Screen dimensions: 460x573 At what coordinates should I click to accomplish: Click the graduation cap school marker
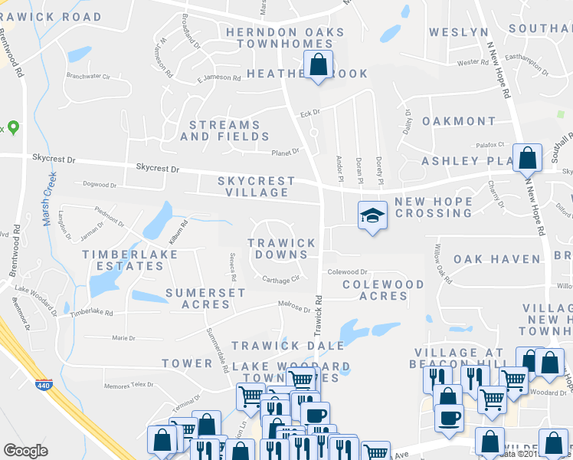(x=372, y=216)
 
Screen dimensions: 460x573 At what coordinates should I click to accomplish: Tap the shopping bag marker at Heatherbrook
(x=319, y=65)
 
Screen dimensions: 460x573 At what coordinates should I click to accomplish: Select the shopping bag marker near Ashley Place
(x=528, y=158)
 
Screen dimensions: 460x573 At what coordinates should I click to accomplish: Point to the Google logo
(x=25, y=451)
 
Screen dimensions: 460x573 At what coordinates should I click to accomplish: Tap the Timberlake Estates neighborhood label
(x=123, y=260)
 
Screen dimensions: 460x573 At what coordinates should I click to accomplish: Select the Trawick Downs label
(x=281, y=248)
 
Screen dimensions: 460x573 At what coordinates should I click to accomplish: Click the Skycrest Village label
(x=256, y=186)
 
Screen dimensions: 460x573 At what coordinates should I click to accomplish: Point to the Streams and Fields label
(x=220, y=130)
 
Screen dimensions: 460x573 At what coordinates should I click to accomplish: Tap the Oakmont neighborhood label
(x=459, y=121)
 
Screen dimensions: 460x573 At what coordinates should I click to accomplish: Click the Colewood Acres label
(x=382, y=290)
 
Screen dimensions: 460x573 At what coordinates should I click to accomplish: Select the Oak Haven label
(x=496, y=259)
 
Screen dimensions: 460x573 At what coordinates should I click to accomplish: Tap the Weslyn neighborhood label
(x=458, y=32)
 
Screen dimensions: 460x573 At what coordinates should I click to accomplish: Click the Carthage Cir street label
(x=280, y=279)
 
